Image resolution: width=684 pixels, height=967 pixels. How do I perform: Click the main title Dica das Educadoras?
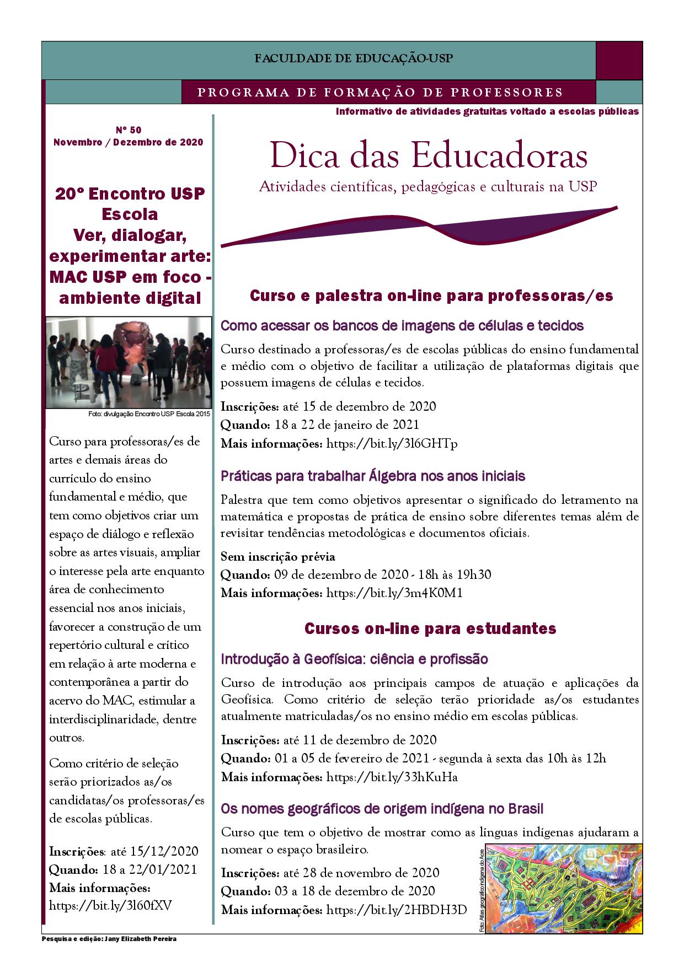429,156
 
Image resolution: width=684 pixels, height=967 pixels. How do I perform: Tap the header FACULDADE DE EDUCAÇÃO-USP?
354,58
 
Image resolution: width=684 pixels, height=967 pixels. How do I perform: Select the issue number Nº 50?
128,130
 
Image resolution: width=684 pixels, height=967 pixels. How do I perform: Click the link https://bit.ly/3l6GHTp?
392,443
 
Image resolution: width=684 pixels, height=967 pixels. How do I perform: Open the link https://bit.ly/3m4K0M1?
394,593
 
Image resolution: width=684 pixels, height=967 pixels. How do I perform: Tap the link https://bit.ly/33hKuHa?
392,777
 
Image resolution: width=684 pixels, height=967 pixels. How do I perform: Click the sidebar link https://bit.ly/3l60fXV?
111,906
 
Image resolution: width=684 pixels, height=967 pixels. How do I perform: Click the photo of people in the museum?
129,362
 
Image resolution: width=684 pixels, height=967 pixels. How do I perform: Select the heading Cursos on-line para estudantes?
430,628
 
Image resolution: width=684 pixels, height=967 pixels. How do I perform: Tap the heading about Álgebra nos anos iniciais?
373,476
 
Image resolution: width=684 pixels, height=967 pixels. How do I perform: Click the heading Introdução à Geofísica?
354,659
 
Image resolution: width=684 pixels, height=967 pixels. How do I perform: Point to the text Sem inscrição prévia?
277,557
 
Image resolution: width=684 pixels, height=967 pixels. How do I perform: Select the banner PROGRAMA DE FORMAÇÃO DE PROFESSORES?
380,93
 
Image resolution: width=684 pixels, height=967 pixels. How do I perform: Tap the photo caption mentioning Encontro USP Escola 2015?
149,414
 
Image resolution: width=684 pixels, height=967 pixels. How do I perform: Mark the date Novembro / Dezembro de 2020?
128,142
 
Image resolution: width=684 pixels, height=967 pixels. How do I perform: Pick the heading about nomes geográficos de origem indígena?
382,809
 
